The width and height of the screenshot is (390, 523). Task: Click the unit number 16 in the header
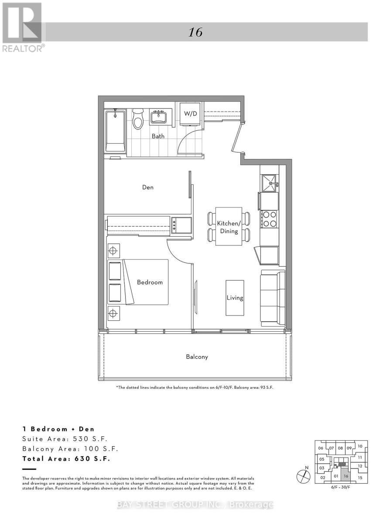(195, 32)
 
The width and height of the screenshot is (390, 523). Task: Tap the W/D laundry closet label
(190, 114)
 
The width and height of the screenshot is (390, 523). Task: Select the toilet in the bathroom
(138, 119)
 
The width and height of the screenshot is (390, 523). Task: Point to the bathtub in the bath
(116, 132)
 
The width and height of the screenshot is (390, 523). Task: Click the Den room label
(148, 187)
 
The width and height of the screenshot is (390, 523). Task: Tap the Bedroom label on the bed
(150, 282)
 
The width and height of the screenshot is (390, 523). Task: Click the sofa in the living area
(273, 298)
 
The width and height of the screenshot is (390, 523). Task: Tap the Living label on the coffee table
(235, 298)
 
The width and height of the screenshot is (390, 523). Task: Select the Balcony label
(197, 357)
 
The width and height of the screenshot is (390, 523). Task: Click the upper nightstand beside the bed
(113, 251)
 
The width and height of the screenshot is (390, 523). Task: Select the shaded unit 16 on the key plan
(346, 476)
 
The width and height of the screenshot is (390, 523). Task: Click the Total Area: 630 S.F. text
(66, 459)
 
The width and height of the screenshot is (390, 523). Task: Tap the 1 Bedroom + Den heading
(58, 429)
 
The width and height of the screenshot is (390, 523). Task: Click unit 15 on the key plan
(359, 478)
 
